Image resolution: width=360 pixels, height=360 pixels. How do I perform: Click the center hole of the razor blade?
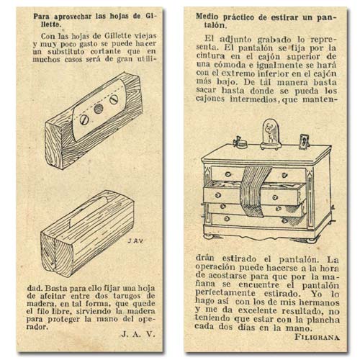point(99,109)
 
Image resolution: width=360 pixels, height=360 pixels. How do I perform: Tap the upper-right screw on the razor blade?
point(114,99)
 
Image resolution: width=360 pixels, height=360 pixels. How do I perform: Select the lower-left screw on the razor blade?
point(84,120)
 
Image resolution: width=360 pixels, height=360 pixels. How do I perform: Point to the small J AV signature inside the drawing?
point(135,241)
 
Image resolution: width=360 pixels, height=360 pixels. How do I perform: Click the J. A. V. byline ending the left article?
point(138,334)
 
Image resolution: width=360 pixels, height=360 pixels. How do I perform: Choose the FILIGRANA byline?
point(317,337)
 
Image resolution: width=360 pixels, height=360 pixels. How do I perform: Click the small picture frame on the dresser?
point(304,142)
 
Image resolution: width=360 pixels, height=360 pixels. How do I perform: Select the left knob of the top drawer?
point(228,174)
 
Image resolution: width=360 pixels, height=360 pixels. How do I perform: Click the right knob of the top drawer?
point(285,174)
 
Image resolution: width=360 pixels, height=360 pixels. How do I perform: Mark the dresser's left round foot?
point(209,236)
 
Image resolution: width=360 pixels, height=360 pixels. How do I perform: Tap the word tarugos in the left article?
point(126,296)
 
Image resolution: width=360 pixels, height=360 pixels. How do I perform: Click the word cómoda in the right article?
point(223,65)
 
